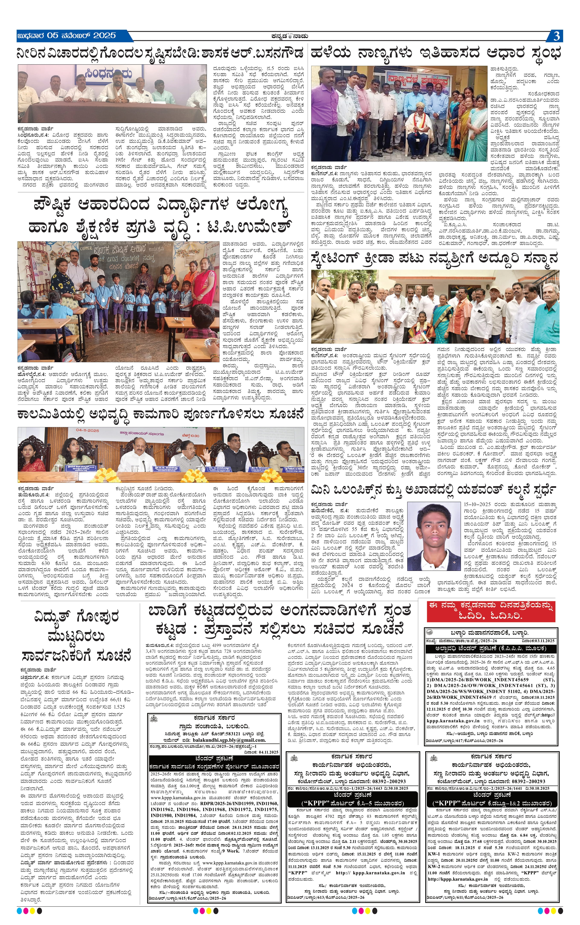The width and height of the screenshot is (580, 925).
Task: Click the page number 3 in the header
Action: tap(556, 36)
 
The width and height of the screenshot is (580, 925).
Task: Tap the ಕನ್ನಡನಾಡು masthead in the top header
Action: tap(290, 36)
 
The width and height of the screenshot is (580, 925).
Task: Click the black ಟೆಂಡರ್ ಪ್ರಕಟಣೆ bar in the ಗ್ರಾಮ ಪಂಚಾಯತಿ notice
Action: tap(214, 758)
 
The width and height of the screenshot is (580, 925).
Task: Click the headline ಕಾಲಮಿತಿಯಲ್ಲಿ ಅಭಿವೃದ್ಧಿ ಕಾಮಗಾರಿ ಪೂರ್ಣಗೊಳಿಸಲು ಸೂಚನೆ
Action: tap(160, 415)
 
